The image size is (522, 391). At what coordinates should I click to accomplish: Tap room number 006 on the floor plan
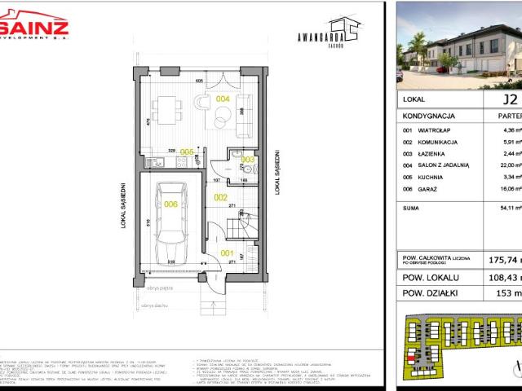pyautogui.click(x=170, y=204)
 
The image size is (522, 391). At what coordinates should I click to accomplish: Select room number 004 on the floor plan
pyautogui.click(x=222, y=99)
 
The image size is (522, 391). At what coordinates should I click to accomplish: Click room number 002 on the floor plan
pyautogui.click(x=219, y=197)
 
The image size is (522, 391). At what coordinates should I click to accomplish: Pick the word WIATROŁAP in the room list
pyautogui.click(x=435, y=129)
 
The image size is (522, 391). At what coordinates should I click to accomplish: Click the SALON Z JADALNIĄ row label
pyautogui.click(x=444, y=165)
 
